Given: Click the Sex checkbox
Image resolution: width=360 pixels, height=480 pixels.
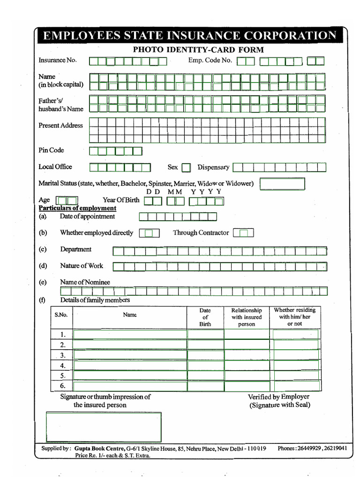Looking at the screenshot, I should coord(186,167).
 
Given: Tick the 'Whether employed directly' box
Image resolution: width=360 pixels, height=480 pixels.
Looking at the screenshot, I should coord(149,233).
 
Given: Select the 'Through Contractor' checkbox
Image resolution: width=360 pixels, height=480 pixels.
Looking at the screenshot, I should coord(243,233).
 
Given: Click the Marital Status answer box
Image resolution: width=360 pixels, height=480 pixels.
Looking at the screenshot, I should coord(282,184).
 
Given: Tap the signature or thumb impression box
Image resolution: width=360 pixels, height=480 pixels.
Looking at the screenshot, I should coord(104,427).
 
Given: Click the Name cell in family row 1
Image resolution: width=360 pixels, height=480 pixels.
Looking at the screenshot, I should coord(130,334).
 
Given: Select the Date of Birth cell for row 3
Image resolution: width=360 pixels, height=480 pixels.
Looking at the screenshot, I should coord(206,355).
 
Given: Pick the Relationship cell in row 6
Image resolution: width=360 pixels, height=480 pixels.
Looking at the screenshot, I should coord(247,386).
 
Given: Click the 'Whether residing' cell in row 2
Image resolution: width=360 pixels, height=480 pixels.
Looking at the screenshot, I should coord(296,345).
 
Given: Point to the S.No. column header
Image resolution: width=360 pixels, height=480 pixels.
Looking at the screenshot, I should coord(61,315).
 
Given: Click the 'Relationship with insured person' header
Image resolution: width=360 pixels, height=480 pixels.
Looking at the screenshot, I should coord(247,317).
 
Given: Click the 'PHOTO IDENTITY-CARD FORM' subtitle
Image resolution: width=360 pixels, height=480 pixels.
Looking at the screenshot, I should coord(198,50).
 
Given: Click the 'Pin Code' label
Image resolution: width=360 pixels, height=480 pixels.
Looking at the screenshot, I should coord(51,150).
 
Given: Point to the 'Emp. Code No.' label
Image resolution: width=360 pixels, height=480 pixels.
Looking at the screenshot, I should coord(210,60).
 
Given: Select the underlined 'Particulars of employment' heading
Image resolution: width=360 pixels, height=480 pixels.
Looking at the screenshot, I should coord(77,208).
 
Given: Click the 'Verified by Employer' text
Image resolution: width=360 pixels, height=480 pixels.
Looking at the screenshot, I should coord(278,397).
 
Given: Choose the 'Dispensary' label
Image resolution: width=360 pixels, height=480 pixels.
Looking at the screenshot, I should coord(213,167).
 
